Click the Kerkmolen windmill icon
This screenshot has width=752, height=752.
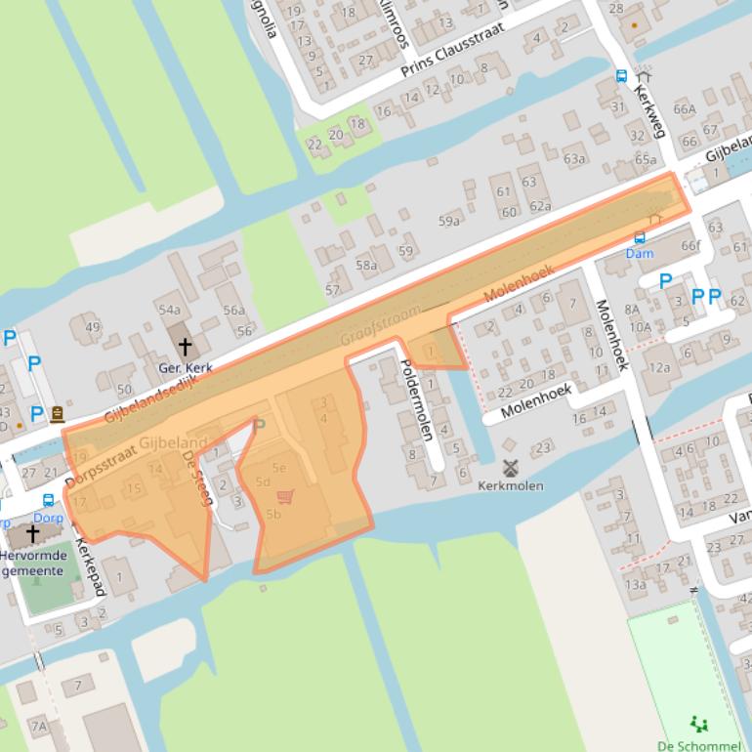click(509, 468)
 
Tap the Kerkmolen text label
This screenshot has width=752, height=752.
click(511, 485)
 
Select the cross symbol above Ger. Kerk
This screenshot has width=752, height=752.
click(185, 347)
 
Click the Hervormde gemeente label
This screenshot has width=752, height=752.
click(33, 563)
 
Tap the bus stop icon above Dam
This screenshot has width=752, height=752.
click(640, 237)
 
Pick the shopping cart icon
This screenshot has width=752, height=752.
click(284, 496)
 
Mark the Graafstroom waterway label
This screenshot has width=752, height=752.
click(381, 325)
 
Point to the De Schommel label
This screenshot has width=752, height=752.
click(697, 745)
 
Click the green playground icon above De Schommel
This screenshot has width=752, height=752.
click(698, 724)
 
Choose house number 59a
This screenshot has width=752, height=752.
click(448, 222)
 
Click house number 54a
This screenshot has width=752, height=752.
click(169, 310)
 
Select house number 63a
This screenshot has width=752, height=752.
click(573, 159)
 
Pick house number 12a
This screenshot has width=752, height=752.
click(661, 367)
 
